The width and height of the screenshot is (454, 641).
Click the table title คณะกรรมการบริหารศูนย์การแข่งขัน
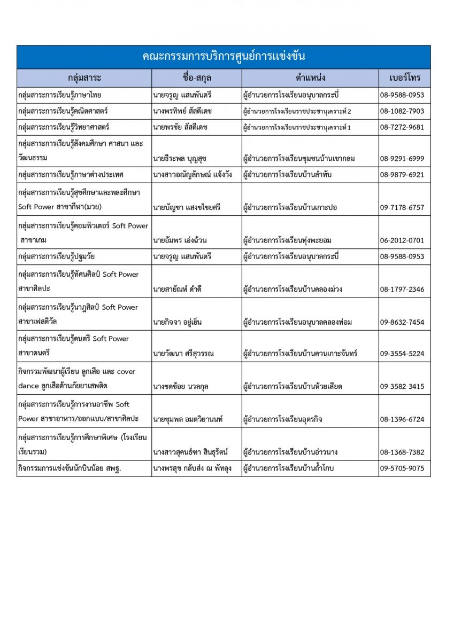tap(224, 57)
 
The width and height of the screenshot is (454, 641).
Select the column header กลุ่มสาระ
tap(84, 78)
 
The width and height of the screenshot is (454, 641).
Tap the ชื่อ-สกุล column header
tap(197, 78)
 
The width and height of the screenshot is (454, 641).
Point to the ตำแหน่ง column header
tap(310, 78)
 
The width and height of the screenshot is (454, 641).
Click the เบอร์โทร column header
tap(405, 78)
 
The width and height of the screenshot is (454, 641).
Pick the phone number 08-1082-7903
tap(402, 111)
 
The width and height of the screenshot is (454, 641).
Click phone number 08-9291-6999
tap(402, 159)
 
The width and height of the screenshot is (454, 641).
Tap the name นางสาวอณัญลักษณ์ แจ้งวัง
tap(195, 175)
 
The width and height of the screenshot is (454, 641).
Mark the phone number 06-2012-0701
tap(402, 240)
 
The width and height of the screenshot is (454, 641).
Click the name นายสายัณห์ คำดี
tap(177, 290)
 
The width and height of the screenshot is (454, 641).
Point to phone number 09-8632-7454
tap(402, 322)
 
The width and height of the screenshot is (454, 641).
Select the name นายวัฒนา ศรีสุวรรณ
tap(185, 354)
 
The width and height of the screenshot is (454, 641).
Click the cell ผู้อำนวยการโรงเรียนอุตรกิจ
tap(283, 419)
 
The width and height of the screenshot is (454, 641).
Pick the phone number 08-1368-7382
tap(402, 452)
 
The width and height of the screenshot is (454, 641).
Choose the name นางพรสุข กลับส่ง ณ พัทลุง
tap(192, 468)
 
